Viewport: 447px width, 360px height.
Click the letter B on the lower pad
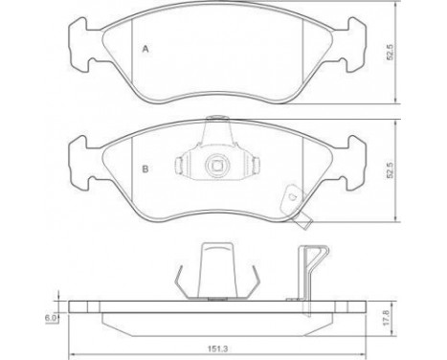(x=145, y=169)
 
